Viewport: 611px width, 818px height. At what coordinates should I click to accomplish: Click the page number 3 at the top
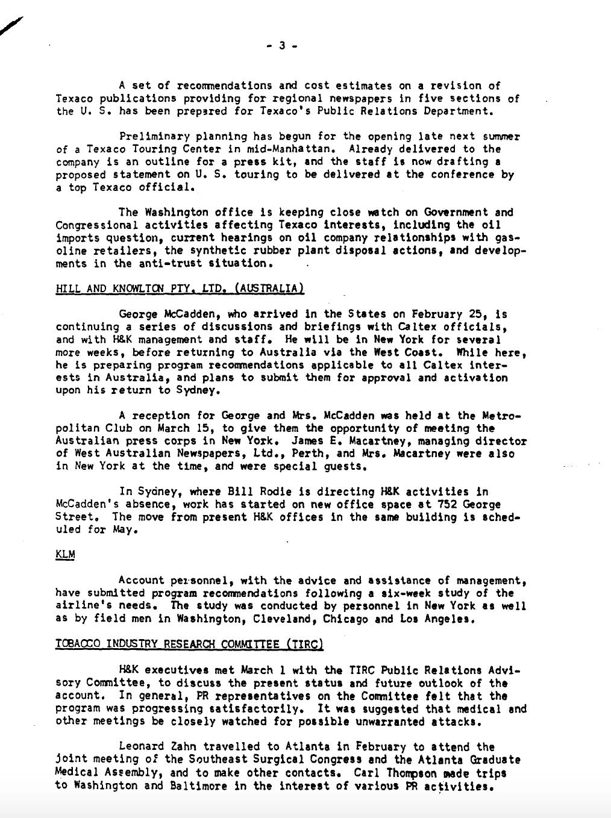[x=281, y=45]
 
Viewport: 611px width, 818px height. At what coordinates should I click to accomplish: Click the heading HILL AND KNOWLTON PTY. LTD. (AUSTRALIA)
[x=180, y=289]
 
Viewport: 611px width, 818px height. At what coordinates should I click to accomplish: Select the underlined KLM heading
[x=65, y=555]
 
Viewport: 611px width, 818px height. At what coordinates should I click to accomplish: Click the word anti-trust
[x=154, y=263]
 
